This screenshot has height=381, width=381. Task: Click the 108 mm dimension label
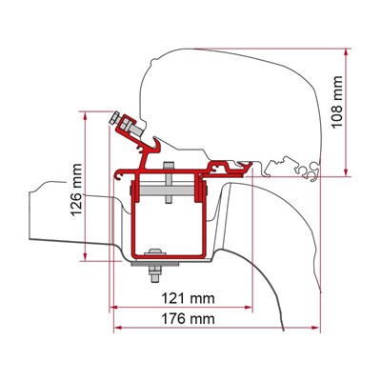click(x=337, y=102)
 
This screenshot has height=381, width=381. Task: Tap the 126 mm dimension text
click(x=76, y=190)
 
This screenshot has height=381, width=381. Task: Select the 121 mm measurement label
click(x=189, y=298)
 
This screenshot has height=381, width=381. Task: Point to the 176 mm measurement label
click(x=189, y=318)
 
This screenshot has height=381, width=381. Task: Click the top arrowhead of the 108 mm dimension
click(x=346, y=52)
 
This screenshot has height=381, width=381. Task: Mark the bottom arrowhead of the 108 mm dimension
click(x=346, y=172)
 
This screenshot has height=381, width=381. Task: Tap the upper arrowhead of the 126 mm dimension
click(x=85, y=115)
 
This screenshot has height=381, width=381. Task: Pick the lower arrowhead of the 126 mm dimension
click(x=85, y=257)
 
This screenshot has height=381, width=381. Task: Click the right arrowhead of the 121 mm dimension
click(x=249, y=307)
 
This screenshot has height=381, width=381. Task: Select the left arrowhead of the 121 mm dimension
click(x=113, y=307)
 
